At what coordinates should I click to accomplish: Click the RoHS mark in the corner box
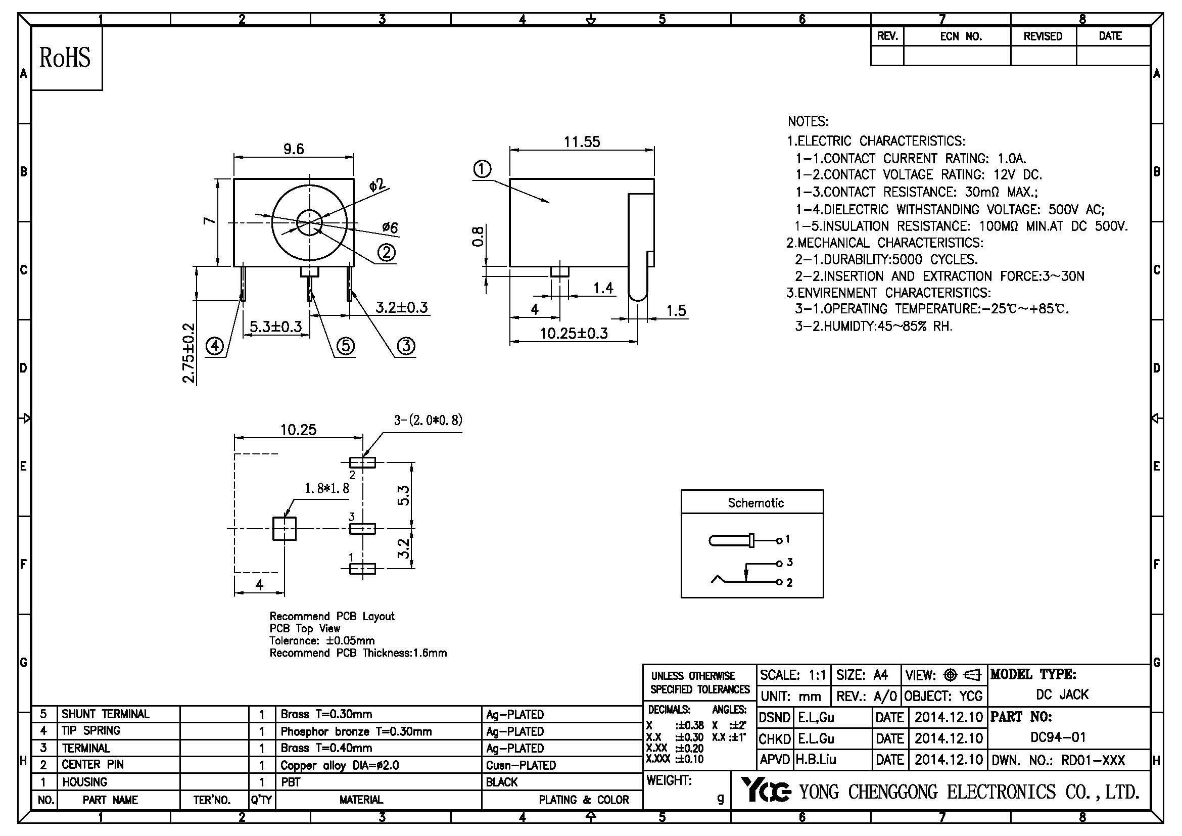(x=65, y=58)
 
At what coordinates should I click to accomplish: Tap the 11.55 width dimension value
(x=582, y=142)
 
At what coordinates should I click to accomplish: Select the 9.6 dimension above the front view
(x=294, y=149)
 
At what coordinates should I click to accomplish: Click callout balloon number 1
(x=482, y=169)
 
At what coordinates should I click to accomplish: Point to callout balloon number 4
(x=215, y=346)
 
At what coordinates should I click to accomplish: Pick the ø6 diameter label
(x=390, y=227)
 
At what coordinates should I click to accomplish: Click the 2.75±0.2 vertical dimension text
(x=190, y=353)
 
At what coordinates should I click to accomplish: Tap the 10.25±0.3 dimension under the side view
(x=574, y=334)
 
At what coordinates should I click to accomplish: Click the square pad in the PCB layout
(x=284, y=529)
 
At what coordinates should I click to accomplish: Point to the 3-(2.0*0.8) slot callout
(x=428, y=420)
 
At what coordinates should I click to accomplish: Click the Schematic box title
(x=755, y=503)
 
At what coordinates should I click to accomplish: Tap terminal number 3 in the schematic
(x=790, y=563)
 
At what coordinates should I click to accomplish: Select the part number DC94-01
(x=1057, y=737)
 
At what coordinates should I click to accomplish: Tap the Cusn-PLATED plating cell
(x=521, y=765)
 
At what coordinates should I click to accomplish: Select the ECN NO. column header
(x=961, y=36)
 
